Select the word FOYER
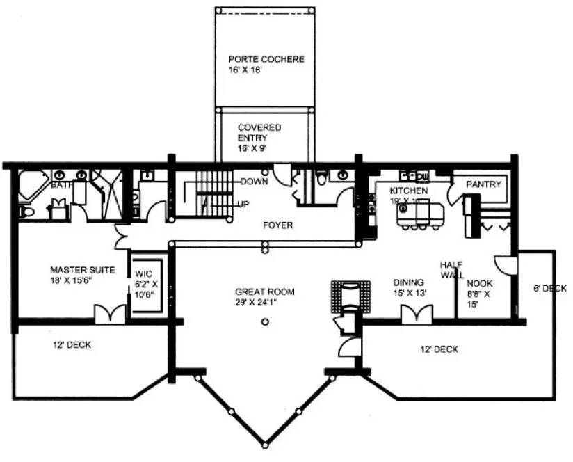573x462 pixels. click(x=277, y=225)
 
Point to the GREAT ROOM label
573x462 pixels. click(x=264, y=297)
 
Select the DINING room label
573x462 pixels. click(x=409, y=287)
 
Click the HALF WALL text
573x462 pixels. click(x=452, y=271)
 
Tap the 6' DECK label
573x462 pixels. click(x=549, y=288)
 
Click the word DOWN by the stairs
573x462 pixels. click(x=254, y=182)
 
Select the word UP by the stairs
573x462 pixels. click(x=244, y=204)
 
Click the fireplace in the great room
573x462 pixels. click(x=346, y=296)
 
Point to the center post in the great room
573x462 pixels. click(x=265, y=321)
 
